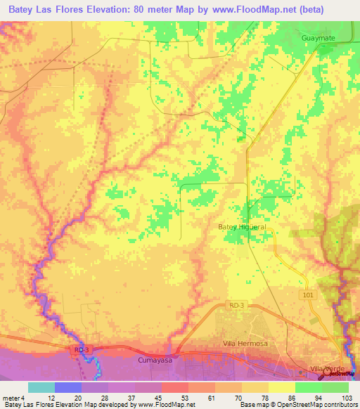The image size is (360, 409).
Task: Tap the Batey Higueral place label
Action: click(241, 227)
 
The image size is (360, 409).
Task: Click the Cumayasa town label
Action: click(148, 358)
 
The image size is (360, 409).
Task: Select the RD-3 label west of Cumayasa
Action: click(82, 349)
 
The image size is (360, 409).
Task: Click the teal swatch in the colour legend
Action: click(41, 387)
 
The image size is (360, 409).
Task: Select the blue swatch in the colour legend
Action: click(68, 387)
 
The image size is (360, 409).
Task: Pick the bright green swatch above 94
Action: click(309, 387)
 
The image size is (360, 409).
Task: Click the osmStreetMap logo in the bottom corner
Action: click(341, 373)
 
